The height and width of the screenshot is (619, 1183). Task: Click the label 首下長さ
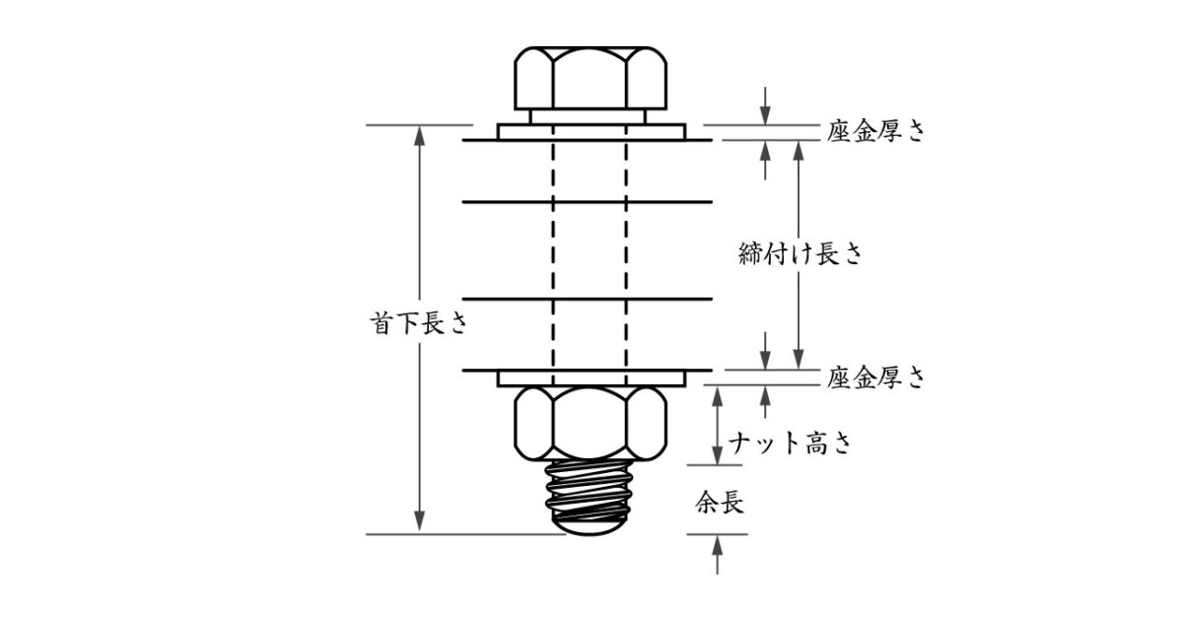pos(419,323)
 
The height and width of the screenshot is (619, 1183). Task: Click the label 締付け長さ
pos(800,254)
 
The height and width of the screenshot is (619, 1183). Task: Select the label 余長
pos(720,503)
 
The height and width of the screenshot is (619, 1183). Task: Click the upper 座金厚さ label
pos(875,130)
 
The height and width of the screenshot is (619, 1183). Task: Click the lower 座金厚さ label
pos(875,378)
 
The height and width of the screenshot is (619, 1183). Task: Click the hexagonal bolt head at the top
pos(591,79)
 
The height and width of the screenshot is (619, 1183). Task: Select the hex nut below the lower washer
pos(591,424)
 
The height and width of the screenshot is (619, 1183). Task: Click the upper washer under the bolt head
pos(591,132)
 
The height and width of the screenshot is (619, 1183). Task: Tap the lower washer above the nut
pos(591,378)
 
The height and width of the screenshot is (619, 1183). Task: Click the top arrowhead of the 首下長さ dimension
pos(419,136)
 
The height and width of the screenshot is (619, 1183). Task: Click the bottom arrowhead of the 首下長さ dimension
pos(419,521)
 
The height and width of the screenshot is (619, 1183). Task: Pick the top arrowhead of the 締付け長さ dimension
pos(799,151)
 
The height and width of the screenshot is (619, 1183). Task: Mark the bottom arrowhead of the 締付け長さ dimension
pos(799,359)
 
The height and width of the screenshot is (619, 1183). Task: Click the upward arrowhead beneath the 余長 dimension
pos(717,545)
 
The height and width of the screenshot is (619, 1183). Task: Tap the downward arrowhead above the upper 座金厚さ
pos(765,114)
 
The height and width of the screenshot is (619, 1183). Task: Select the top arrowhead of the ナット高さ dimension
pos(717,396)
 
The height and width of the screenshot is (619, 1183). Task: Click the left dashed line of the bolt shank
pos(553,255)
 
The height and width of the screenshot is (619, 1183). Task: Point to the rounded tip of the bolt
pos(589,528)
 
